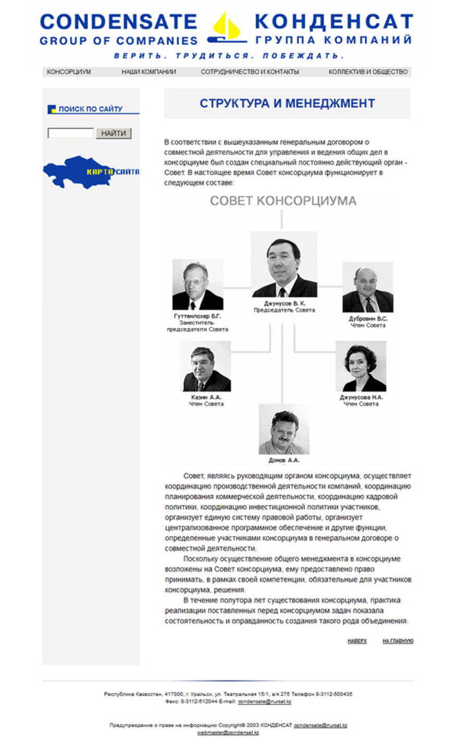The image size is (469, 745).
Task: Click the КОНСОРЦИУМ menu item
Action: pos(69,72)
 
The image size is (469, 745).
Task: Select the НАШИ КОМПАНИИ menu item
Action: pos(149,72)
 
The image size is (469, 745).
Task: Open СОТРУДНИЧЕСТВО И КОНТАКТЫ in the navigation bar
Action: pos(250,72)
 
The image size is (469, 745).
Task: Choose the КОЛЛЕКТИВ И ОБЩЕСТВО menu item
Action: pos(368,72)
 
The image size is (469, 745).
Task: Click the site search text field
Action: pos(70,133)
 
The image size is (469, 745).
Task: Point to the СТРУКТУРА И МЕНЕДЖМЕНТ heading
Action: pos(287,104)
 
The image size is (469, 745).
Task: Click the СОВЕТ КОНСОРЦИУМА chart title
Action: pos(283,201)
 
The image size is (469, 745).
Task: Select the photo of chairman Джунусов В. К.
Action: pos(284,264)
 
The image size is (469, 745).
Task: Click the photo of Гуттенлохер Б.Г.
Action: pos(198,285)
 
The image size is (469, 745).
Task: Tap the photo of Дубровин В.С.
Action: pos(367,287)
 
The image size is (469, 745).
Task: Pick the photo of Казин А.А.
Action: pos(205,367)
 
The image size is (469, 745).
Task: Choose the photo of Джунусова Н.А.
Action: pos(361,366)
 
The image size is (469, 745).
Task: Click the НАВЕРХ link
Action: pos(357,641)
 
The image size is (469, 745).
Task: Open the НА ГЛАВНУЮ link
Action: pos(398,641)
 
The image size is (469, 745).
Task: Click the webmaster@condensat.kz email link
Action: pos(228,733)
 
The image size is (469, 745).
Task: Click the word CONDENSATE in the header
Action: pos(118,22)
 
